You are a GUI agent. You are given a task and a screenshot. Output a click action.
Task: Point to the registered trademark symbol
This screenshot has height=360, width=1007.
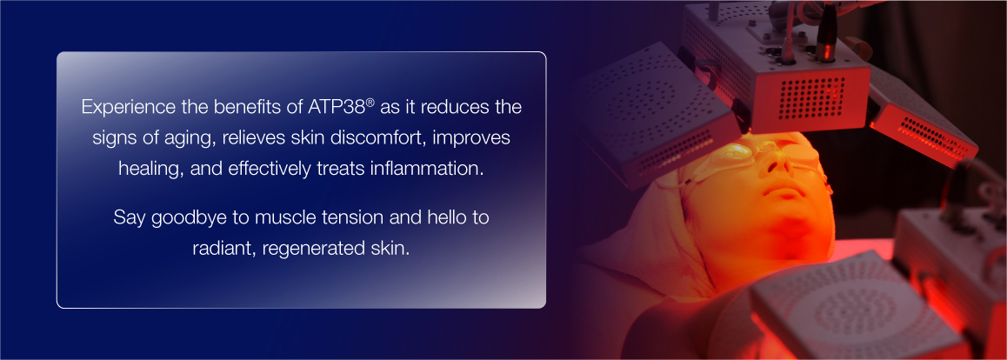click(x=370, y=102)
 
